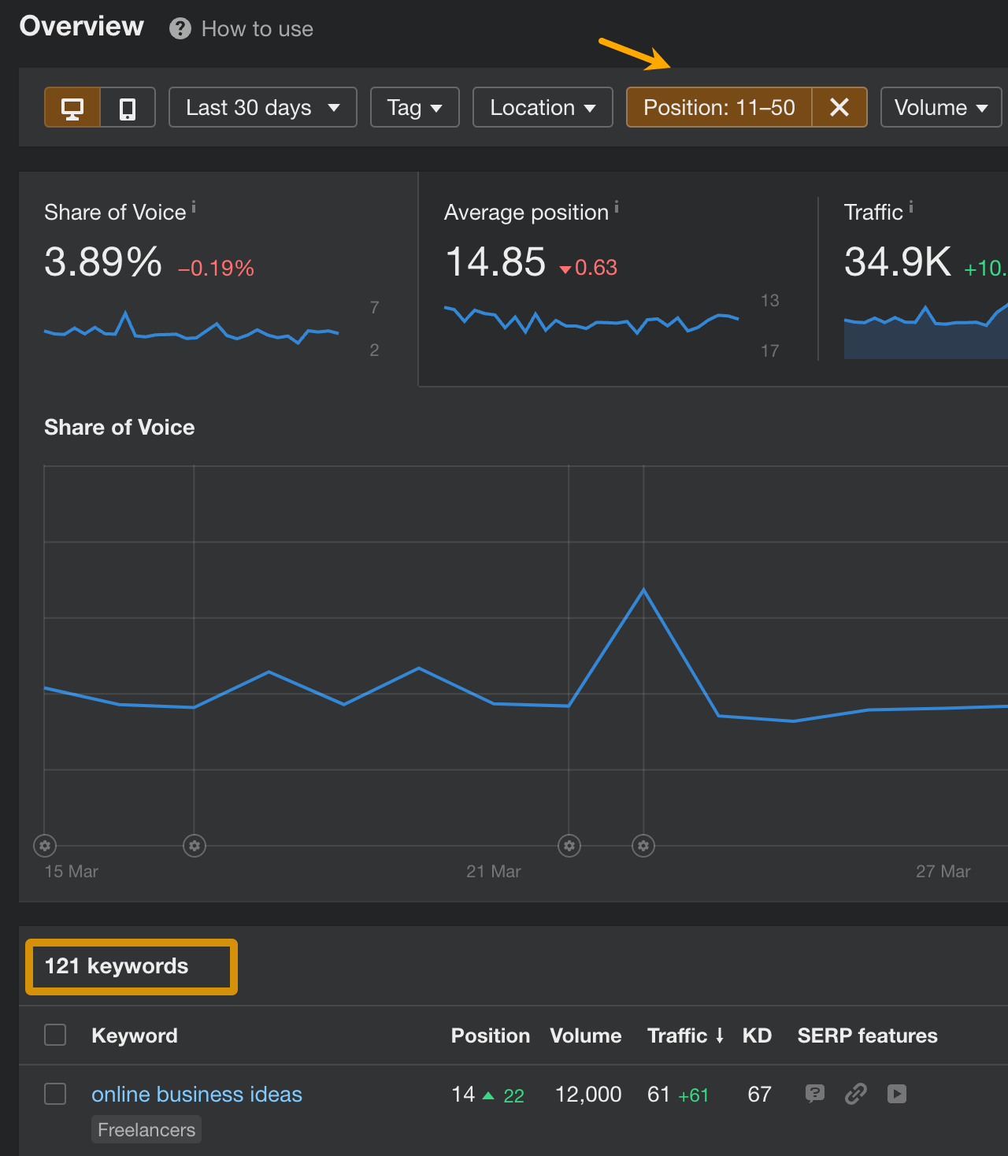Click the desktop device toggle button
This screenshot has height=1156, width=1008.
point(72,108)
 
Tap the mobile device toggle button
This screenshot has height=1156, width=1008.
point(128,108)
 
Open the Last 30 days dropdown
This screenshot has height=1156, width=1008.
point(262,108)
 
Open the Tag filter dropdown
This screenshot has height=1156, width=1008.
point(414,108)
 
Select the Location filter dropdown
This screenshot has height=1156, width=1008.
point(542,108)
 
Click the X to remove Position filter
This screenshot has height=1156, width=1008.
point(839,108)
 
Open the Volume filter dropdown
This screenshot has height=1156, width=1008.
point(940,108)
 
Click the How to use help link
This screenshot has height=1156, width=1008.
point(257,29)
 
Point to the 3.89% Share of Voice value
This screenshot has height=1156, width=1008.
point(103,262)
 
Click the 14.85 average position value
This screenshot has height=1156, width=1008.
point(495,262)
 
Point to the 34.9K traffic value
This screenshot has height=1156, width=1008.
point(898,262)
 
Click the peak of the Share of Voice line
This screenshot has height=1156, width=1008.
point(643,589)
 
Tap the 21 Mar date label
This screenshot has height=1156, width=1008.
point(494,872)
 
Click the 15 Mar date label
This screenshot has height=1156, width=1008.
point(72,872)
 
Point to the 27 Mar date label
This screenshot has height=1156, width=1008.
point(943,872)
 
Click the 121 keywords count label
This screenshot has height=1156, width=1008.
point(117,966)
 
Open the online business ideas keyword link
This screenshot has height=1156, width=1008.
point(197,1095)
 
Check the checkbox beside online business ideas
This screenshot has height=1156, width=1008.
point(55,1094)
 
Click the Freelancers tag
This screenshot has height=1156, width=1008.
point(146,1130)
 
